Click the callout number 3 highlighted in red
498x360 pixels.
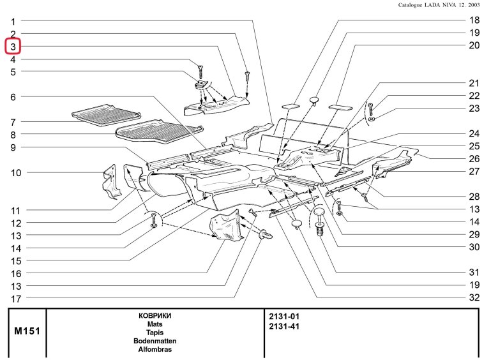(x=13, y=47)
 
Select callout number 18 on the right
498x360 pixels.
(x=474, y=20)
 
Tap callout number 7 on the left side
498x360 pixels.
(x=13, y=122)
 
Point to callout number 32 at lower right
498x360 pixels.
(x=474, y=297)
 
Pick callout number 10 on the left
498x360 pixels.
(x=15, y=173)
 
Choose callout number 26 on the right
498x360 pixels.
(x=474, y=158)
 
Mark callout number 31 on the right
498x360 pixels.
(x=474, y=272)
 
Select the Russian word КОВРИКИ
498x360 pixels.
(x=155, y=316)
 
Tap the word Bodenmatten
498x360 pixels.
(x=155, y=341)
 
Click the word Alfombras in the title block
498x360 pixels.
(x=155, y=350)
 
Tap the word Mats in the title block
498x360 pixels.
(x=155, y=324)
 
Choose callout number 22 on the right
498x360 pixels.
(x=474, y=96)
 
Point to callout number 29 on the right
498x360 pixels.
(x=474, y=234)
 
